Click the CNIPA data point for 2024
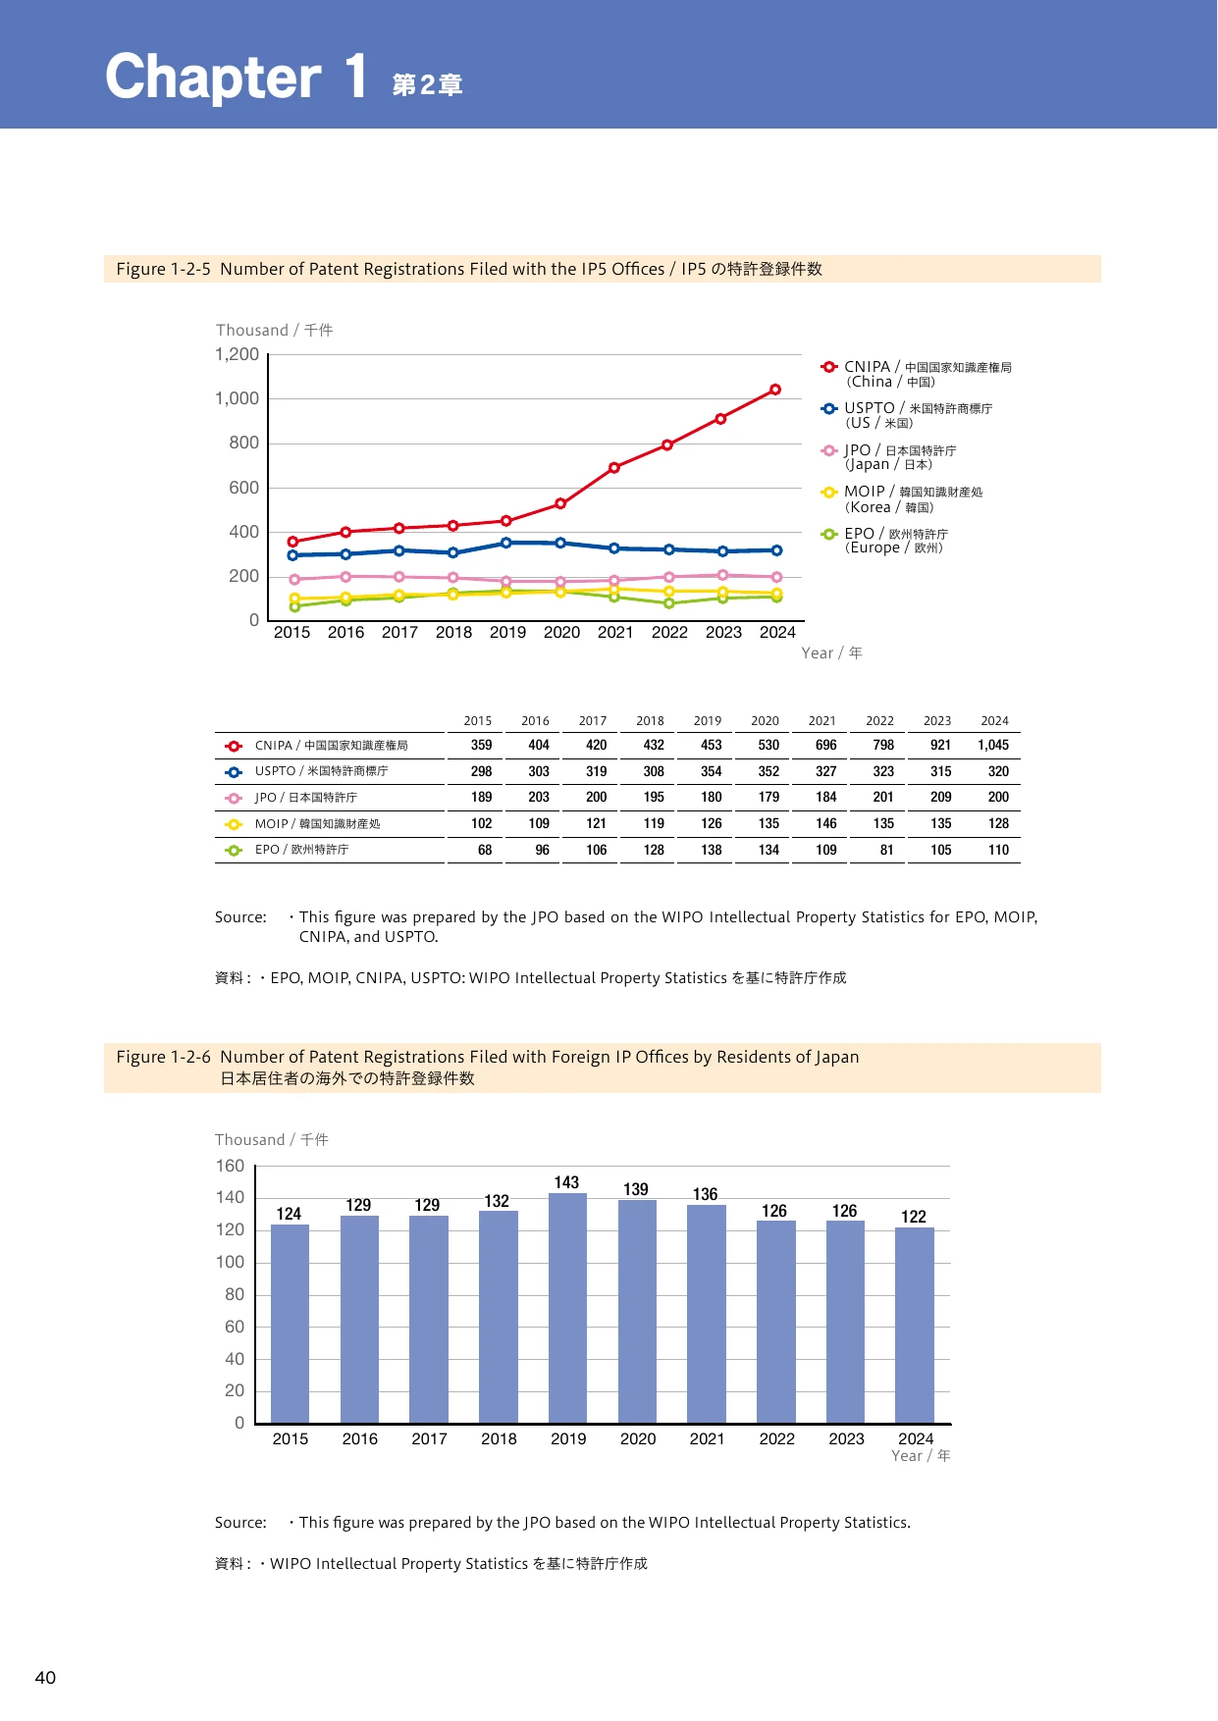[775, 390]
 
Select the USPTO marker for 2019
[506, 543]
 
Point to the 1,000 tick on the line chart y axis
[238, 398]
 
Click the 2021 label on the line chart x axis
[615, 632]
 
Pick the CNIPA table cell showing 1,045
[993, 745]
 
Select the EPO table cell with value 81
[886, 850]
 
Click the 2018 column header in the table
[650, 720]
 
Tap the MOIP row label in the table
[317, 824]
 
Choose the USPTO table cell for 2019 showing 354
[712, 771]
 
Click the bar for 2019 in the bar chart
[567, 1308]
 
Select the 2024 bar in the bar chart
[915, 1326]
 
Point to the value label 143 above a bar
[566, 1182]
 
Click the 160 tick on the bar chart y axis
[230, 1166]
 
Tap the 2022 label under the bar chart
[776, 1438]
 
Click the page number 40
[45, 1678]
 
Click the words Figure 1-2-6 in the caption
[163, 1057]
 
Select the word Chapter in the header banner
[213, 78]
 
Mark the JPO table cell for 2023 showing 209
[940, 798]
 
